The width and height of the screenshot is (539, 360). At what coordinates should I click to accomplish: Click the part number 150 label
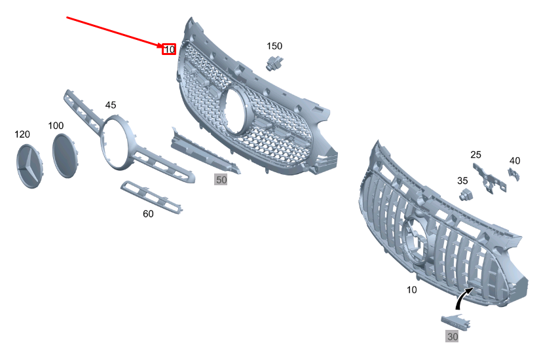[274, 46]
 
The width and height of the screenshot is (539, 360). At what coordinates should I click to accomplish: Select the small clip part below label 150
[274, 63]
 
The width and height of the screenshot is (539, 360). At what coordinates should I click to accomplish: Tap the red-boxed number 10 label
[169, 49]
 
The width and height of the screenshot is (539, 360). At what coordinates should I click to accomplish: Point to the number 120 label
[22, 134]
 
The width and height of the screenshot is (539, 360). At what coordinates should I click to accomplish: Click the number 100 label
[56, 125]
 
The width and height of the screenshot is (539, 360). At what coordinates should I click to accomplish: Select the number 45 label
[111, 105]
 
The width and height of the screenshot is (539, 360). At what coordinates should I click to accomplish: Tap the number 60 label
[148, 214]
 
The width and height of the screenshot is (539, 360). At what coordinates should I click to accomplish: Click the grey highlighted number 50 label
[221, 179]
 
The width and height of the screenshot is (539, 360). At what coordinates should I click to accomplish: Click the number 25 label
[475, 155]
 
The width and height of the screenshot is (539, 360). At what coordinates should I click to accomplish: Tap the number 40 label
[515, 160]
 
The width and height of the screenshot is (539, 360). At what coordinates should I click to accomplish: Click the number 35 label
[462, 180]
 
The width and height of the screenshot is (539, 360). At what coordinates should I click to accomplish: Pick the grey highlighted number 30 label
[452, 337]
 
